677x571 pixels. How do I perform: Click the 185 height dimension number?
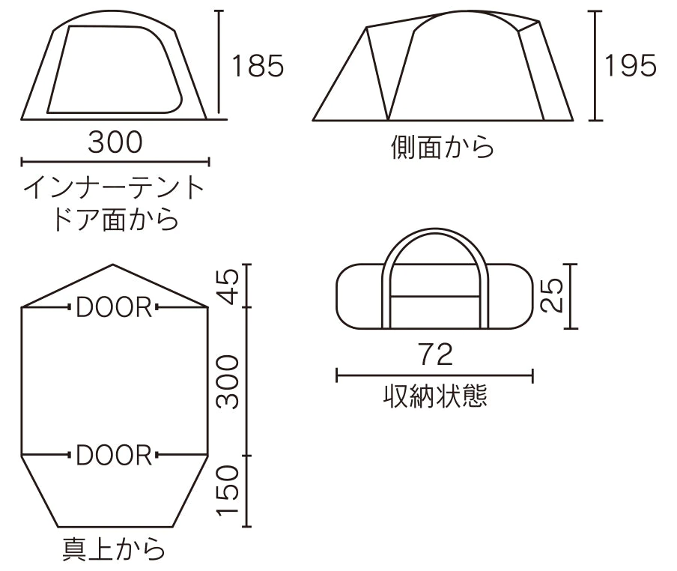point(258,66)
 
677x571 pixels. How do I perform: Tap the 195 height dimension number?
point(631,66)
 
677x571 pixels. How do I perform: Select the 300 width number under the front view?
point(115,142)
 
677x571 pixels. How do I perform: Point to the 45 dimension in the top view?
point(227,286)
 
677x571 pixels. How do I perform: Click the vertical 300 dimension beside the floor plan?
point(227,382)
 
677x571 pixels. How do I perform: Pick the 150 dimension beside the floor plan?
point(227,491)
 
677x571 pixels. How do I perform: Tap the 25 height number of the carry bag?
point(552,295)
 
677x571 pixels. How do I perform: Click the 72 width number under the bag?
point(436,354)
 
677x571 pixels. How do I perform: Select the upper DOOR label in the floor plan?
point(114,307)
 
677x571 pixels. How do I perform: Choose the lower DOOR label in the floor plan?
point(114,455)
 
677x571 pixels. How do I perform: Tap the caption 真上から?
point(114,549)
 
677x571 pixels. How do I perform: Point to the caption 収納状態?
point(435,395)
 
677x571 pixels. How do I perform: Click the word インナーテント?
point(114,188)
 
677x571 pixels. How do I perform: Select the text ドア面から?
point(115,219)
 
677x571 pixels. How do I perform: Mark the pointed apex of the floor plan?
point(113,265)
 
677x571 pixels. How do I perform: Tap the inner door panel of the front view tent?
point(115,69)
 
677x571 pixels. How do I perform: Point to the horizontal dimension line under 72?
point(435,375)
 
